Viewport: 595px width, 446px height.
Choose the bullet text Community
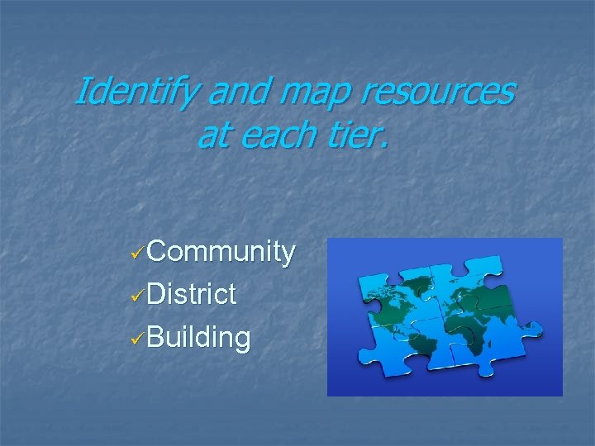click(x=222, y=252)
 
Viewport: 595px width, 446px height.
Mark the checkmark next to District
click(x=140, y=294)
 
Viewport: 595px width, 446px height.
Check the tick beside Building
click(x=140, y=336)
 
